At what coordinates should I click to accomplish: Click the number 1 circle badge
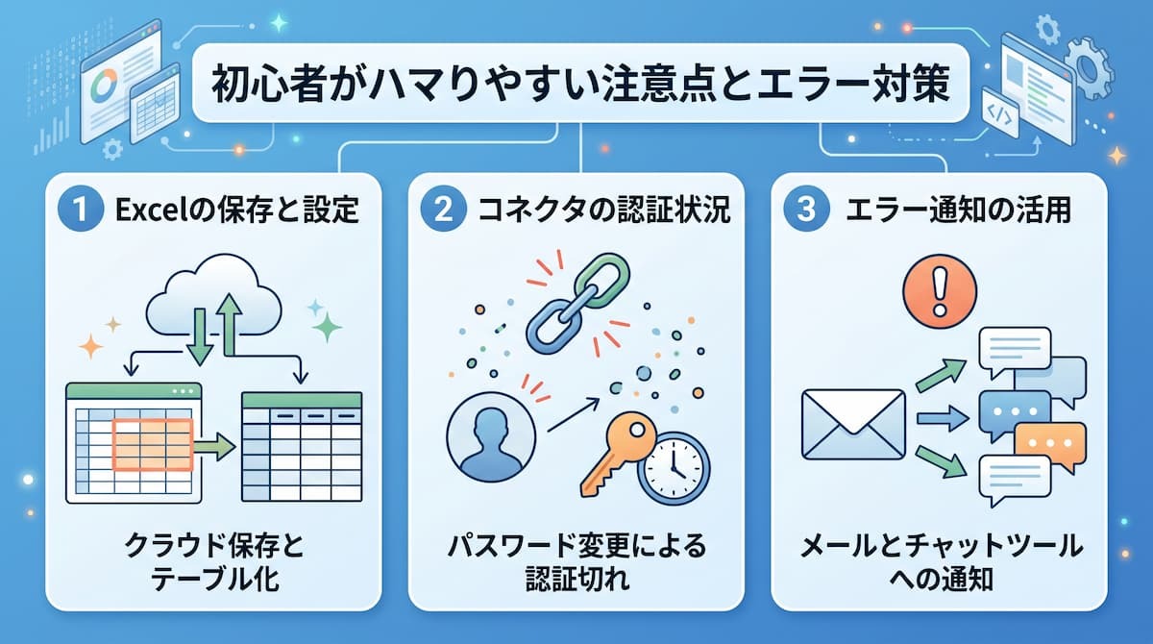pos(81,209)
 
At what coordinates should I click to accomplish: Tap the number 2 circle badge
pos(443,209)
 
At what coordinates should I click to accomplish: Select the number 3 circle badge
pos(806,209)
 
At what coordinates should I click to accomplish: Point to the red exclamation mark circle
pos(940,291)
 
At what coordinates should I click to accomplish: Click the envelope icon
pos(853,425)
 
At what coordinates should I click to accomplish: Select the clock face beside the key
pos(674,468)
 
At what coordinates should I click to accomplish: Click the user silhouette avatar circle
pos(491,437)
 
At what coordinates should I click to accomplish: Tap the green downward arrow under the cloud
pos(199,336)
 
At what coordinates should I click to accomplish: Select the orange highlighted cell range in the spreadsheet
pos(153,445)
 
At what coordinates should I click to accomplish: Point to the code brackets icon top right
pos(999,112)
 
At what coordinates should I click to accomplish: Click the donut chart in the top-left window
pos(105,84)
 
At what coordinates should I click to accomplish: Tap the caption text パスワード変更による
pos(576,546)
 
